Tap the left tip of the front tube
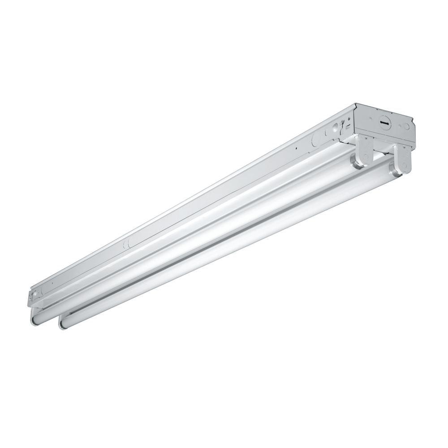tap(62, 324)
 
